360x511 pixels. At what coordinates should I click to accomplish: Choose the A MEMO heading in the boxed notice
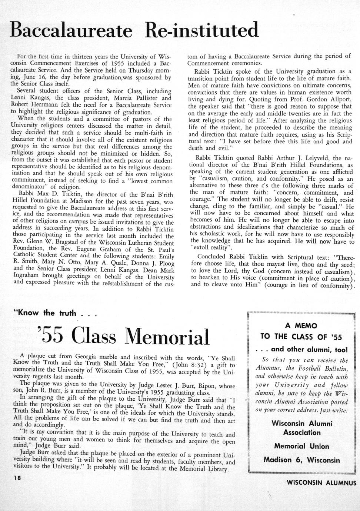coord(301,326)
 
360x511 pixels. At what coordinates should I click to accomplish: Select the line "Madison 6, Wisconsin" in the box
coord(301,460)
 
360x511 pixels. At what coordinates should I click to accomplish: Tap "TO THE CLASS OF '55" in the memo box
coord(301,337)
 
